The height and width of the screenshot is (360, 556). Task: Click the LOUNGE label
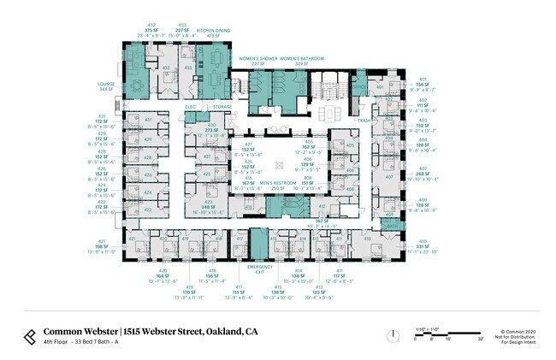pos(106,83)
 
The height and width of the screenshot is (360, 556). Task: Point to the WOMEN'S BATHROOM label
pos(304,58)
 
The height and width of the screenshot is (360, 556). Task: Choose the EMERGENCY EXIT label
pos(259,269)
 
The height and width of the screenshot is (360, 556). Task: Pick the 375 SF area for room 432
pos(151,30)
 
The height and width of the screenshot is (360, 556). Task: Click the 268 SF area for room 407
pos(422,174)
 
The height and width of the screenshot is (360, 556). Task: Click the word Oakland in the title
pos(217,331)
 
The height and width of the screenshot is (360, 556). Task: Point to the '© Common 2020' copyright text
pos(517,329)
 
